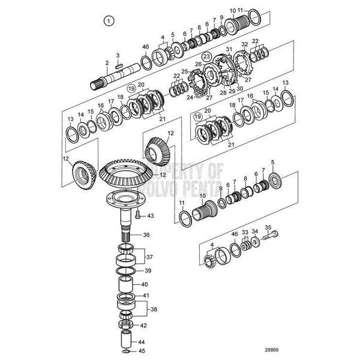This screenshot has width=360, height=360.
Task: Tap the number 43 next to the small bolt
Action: coord(151,215)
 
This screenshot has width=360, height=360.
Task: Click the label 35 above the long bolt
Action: coord(268,227)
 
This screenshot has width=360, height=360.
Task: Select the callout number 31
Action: coord(229,49)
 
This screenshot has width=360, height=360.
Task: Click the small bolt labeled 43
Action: coord(137,214)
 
